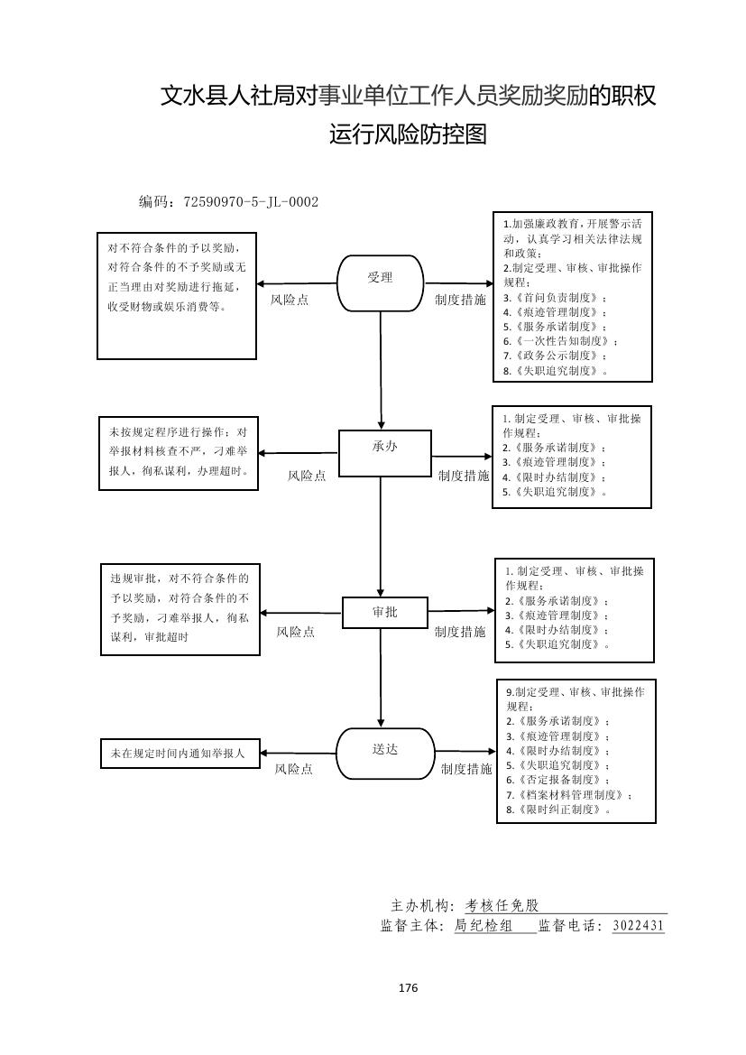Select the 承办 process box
click(384, 452)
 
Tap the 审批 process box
click(384, 612)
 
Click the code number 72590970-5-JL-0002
click(251, 202)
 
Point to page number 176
click(408, 987)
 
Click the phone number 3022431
click(638, 926)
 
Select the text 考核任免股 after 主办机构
click(502, 906)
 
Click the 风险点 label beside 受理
click(290, 300)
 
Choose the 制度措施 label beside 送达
click(466, 769)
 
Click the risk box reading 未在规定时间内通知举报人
click(179, 752)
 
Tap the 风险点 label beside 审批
click(295, 633)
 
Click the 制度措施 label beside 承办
click(464, 476)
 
